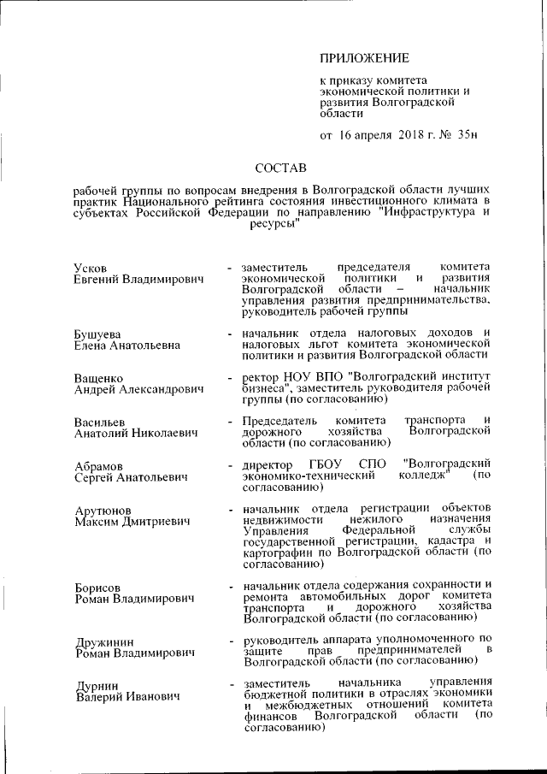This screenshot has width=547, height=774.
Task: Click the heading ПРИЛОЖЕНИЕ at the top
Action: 364,58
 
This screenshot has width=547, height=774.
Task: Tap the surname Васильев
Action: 99,422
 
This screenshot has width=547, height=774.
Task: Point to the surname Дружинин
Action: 103,641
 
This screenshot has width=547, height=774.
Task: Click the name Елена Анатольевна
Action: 126,345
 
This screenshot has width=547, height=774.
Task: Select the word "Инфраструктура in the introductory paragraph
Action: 417,212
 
